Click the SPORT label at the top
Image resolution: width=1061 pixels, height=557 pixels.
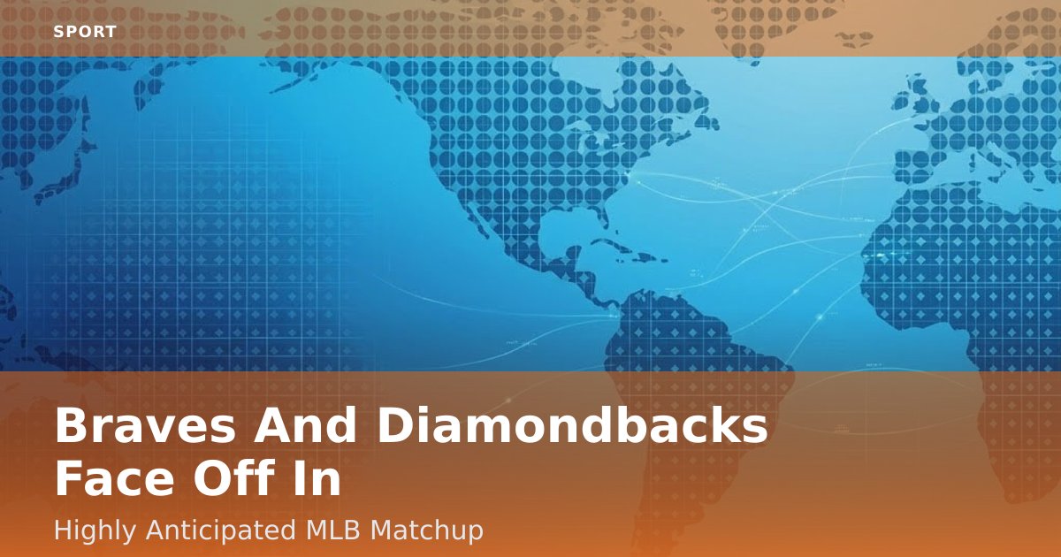pos(85,32)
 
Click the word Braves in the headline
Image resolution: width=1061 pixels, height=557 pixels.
pos(145,425)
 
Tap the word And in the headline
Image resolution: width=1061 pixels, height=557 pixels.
pos(304,424)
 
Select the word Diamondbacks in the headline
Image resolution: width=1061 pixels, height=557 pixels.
pos(572,424)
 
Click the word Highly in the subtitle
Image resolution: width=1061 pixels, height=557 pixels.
pos(95,530)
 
